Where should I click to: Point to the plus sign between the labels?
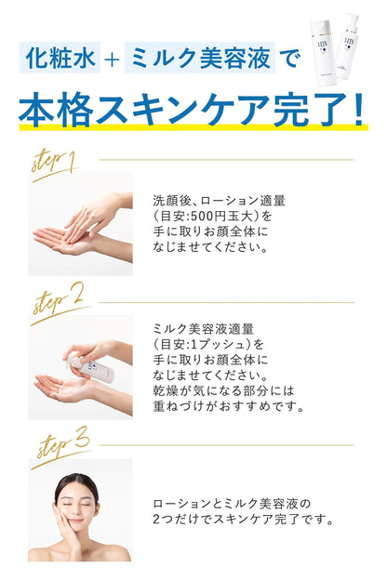(113, 61)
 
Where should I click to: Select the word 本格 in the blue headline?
(60, 105)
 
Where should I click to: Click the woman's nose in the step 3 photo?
(76, 510)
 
